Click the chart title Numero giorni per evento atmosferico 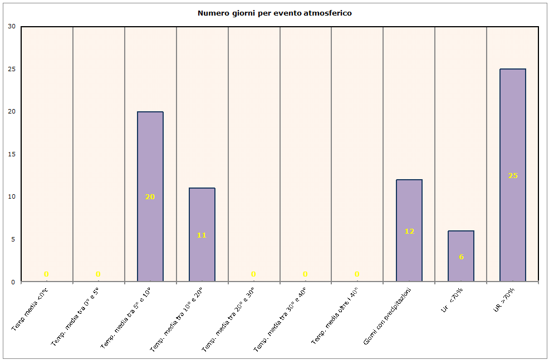click(x=274, y=13)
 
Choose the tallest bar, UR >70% click(x=513, y=139)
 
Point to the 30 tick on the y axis click(x=12, y=26)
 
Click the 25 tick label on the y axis click(x=12, y=69)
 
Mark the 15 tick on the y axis click(x=12, y=154)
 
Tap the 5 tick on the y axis click(x=13, y=239)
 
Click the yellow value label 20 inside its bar click(x=150, y=196)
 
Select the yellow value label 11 click(x=202, y=235)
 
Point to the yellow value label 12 click(x=409, y=231)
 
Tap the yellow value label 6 click(x=461, y=257)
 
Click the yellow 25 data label click(x=513, y=175)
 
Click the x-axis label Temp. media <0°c click(x=30, y=309)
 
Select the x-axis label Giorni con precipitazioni click(x=388, y=315)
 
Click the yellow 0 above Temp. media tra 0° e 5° click(x=98, y=274)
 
